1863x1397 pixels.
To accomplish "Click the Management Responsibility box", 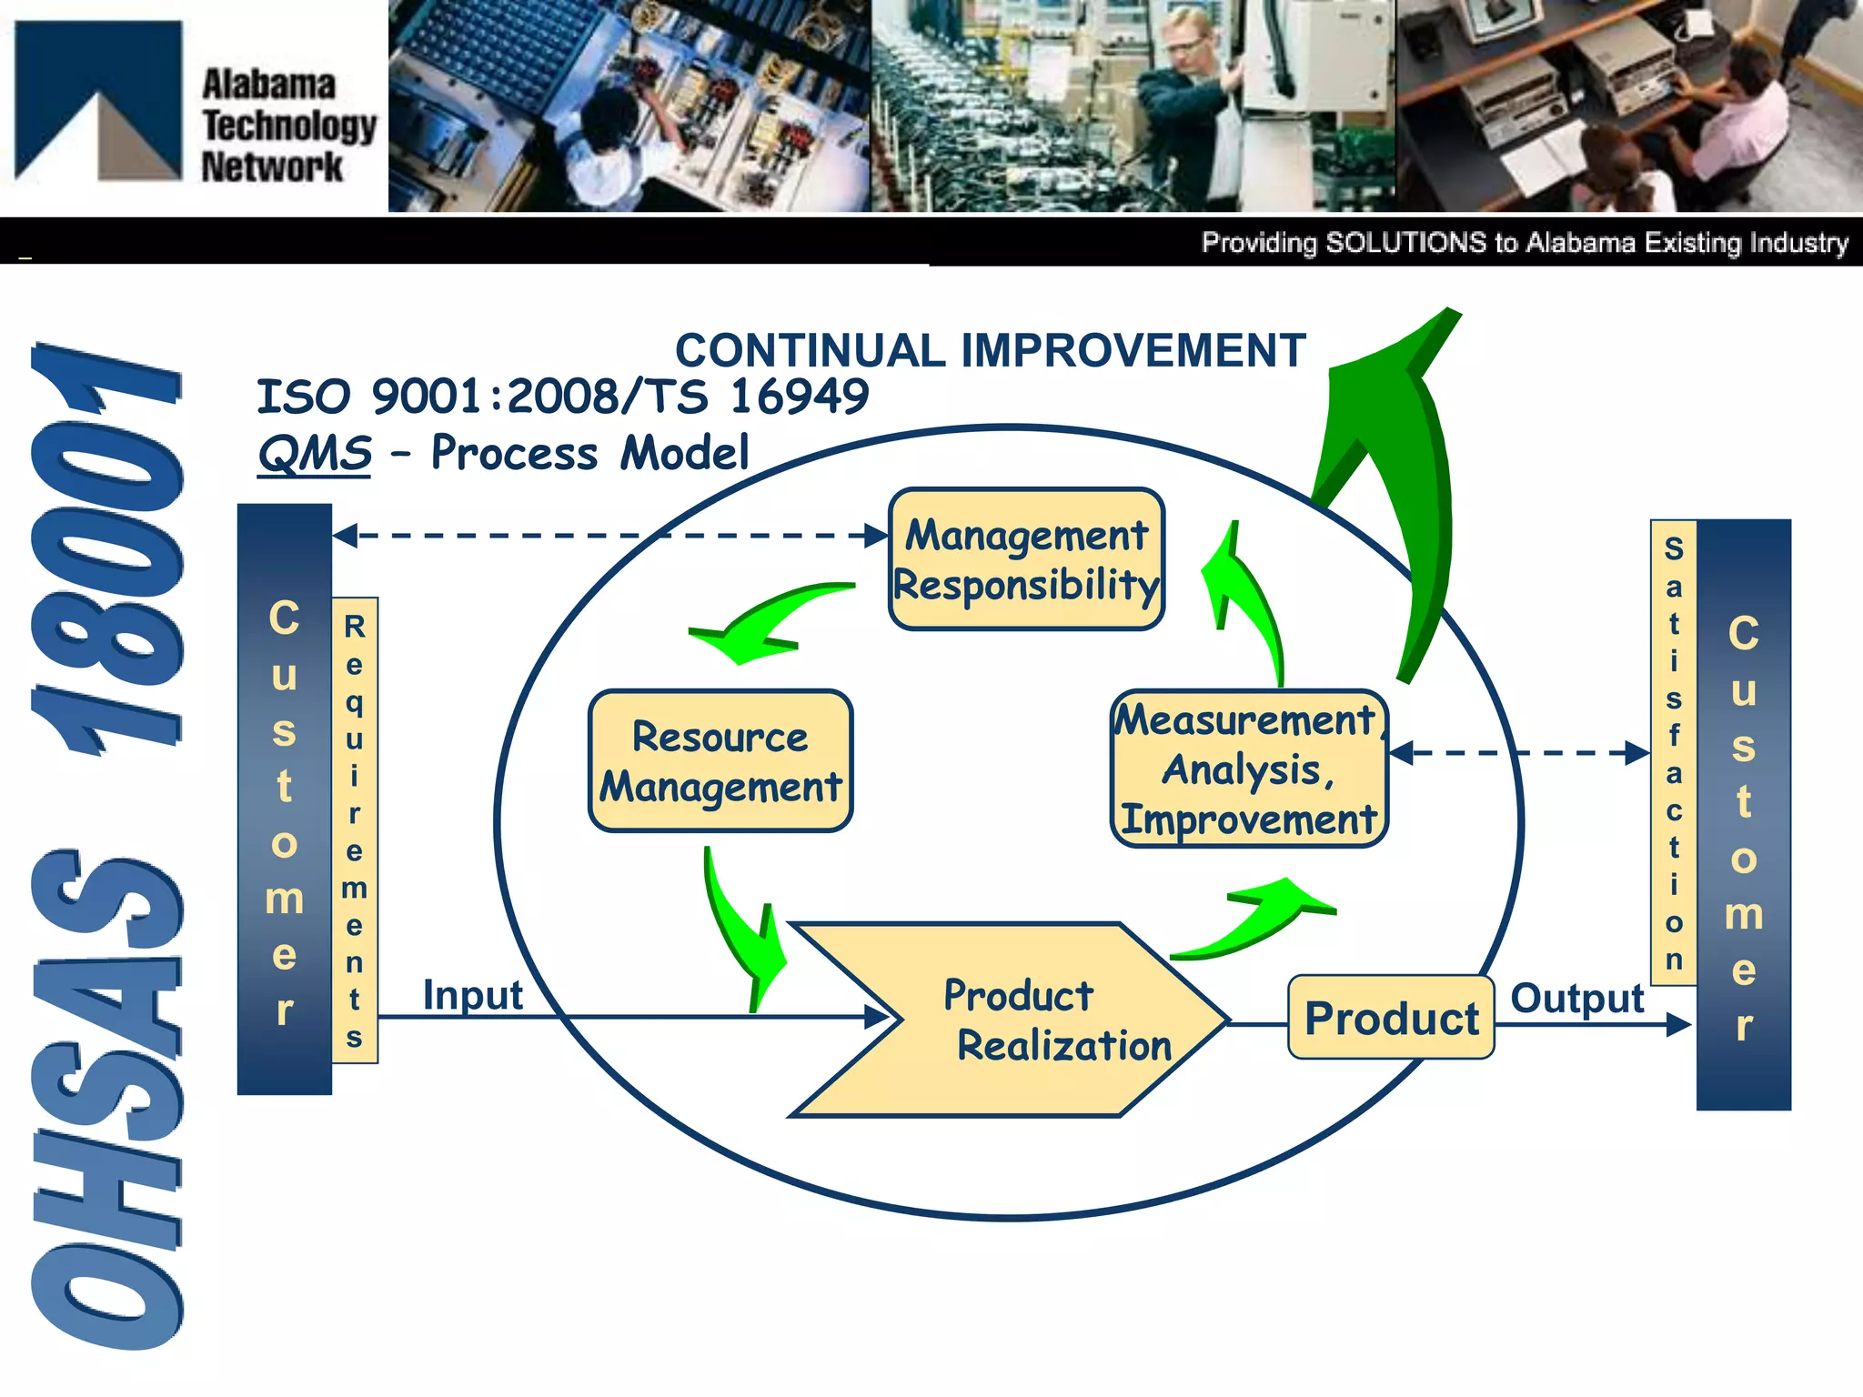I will [x=1026, y=559].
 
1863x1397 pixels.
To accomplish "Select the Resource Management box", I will [x=720, y=761].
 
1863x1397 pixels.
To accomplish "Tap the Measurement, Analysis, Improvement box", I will [x=1248, y=769].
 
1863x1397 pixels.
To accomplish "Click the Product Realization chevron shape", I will [x=1010, y=1020].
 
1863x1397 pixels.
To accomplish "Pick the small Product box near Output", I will [x=1391, y=1018].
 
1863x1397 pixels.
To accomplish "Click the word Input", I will [x=472, y=994].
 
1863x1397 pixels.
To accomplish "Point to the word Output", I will [x=1576, y=998].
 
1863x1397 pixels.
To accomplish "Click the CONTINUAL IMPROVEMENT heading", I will [x=990, y=351].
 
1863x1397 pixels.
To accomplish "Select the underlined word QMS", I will [x=315, y=453].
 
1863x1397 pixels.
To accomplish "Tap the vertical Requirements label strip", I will [x=355, y=829].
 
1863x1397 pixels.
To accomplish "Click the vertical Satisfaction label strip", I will [x=1673, y=752].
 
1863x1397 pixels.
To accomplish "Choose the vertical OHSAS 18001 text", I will [x=107, y=846].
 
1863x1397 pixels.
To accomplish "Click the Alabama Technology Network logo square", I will [x=98, y=100].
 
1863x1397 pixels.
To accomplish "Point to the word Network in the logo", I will [x=271, y=167].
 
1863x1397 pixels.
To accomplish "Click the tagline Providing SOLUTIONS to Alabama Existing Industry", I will [x=1524, y=243].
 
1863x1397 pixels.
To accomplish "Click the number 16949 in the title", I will [x=799, y=397].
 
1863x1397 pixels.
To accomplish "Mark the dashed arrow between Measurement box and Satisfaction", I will [x=1519, y=753].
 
